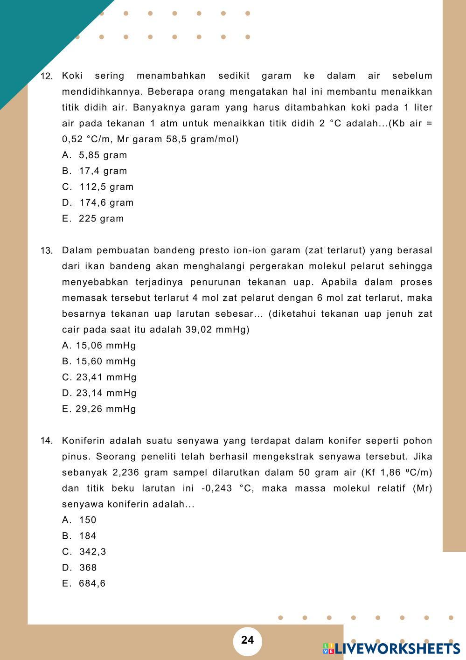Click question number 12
tap(47, 76)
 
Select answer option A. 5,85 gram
tap(95, 155)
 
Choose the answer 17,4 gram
tap(95, 171)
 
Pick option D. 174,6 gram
tap(98, 202)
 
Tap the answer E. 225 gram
tap(93, 218)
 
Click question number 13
tap(47, 251)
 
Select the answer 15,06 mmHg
tap(99, 345)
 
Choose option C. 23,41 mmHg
tap(99, 377)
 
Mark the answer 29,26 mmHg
tap(99, 409)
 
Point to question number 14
tap(47, 441)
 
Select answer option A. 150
tap(79, 520)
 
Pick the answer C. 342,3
tap(84, 551)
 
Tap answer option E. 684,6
tap(84, 583)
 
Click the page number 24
tap(248, 640)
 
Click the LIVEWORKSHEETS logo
tap(391, 648)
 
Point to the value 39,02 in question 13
tap(199, 329)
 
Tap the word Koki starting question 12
tap(72, 76)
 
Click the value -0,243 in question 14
tap(216, 488)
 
